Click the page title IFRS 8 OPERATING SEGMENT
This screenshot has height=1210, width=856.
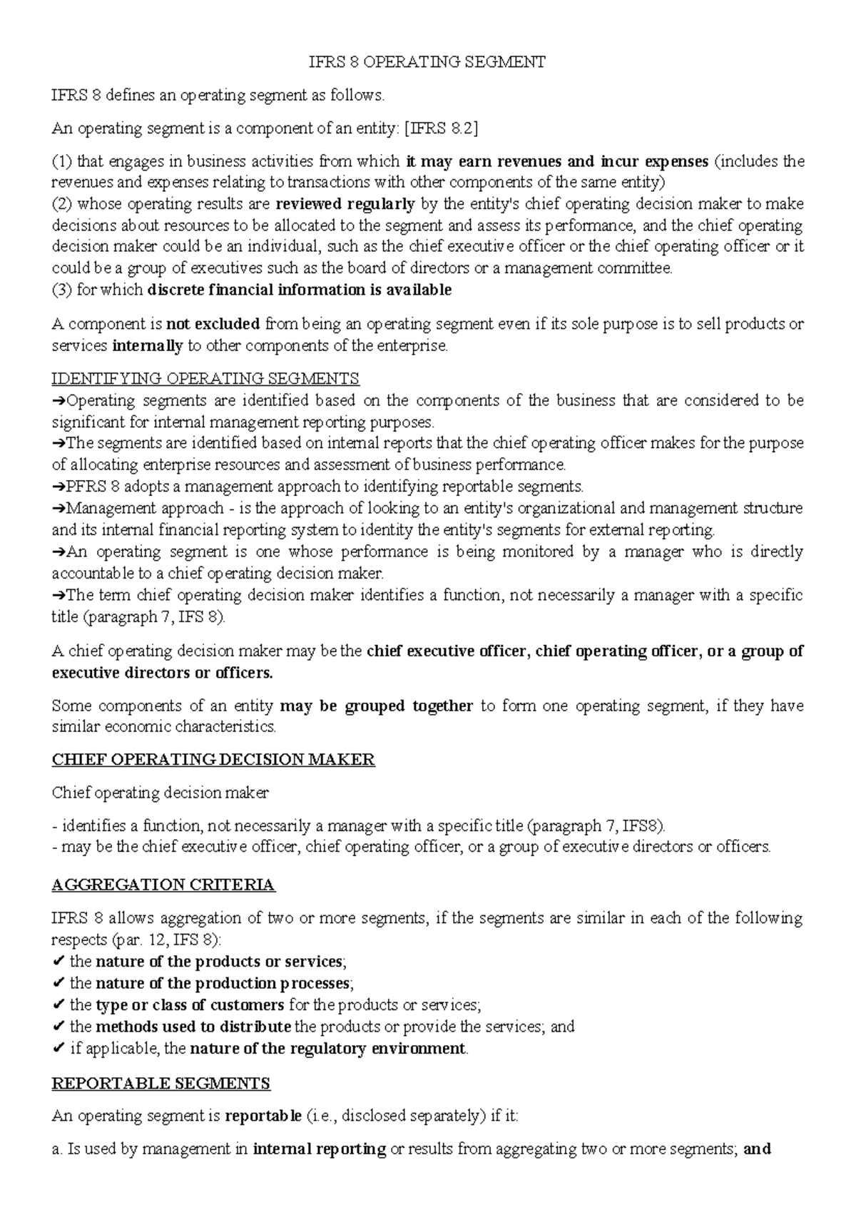pyautogui.click(x=427, y=62)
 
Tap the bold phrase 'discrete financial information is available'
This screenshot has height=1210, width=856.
pyautogui.click(x=299, y=290)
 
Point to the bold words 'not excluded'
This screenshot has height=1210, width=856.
pyautogui.click(x=213, y=324)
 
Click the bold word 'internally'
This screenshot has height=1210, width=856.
pyautogui.click(x=148, y=346)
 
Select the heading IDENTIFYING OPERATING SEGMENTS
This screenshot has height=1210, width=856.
pyautogui.click(x=205, y=378)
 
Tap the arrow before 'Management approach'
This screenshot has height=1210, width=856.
pyautogui.click(x=58, y=509)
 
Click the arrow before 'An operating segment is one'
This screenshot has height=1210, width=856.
pyautogui.click(x=58, y=552)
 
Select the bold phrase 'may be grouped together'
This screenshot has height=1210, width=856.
pyautogui.click(x=377, y=706)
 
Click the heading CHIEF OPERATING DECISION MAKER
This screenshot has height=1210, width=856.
pyautogui.click(x=213, y=759)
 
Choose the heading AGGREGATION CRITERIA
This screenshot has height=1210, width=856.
pyautogui.click(x=163, y=885)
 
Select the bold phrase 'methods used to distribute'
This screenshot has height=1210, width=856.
pyautogui.click(x=193, y=1027)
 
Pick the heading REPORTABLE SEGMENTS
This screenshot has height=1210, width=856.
pyautogui.click(x=161, y=1084)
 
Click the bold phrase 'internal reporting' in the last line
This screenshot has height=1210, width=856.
pyautogui.click(x=320, y=1149)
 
